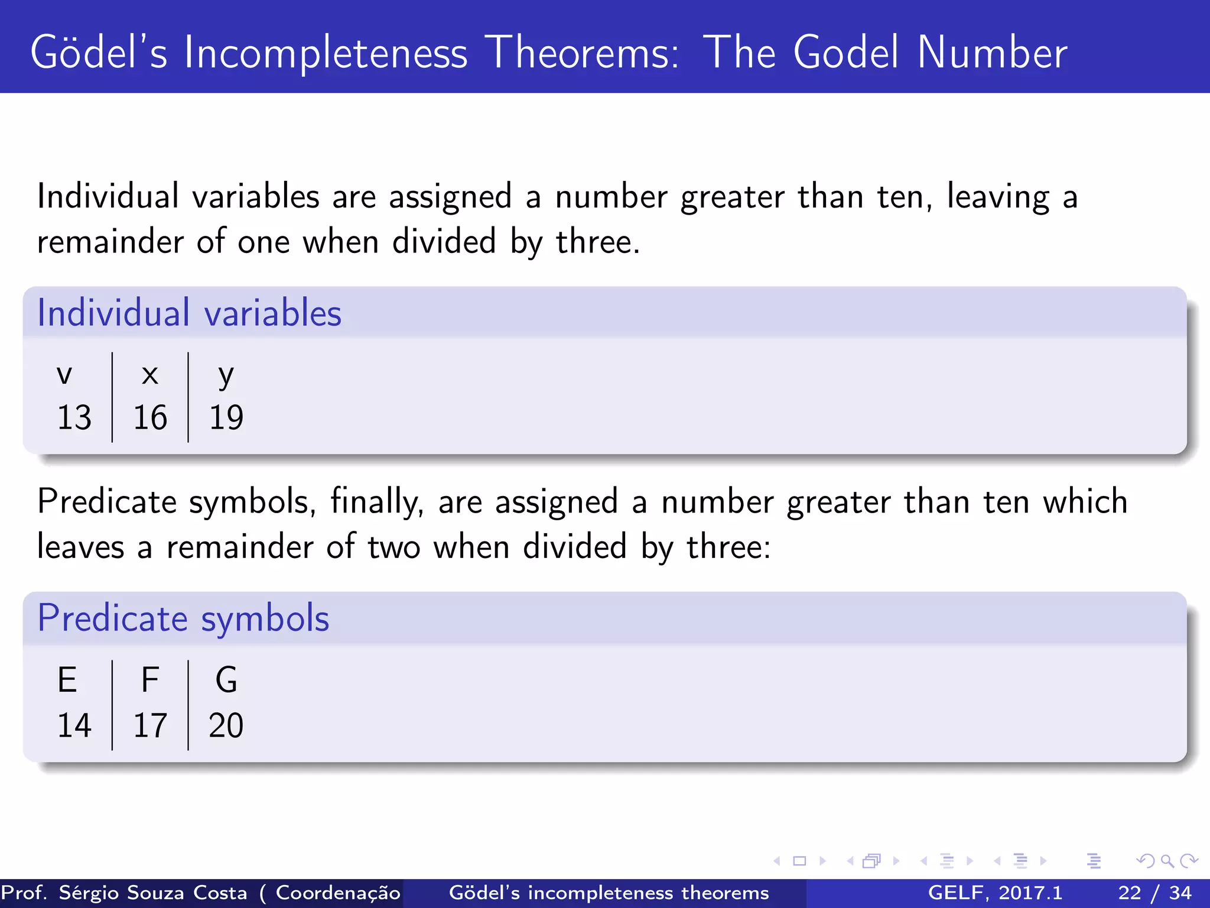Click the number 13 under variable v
(x=74, y=417)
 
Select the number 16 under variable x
(x=150, y=417)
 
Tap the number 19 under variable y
(x=226, y=417)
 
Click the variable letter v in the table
(x=64, y=375)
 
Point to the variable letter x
(x=150, y=375)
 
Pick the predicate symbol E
(x=67, y=680)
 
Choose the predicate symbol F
(x=150, y=680)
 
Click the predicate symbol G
(x=226, y=680)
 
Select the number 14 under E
(x=74, y=725)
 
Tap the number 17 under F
(x=150, y=725)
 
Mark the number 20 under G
(x=226, y=725)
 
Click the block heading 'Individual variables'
(x=189, y=313)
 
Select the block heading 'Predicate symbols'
(x=183, y=618)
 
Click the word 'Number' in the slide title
(x=992, y=53)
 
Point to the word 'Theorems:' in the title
(x=585, y=53)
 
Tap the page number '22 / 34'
(x=1155, y=893)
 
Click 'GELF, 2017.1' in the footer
(x=995, y=893)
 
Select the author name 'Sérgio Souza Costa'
(x=153, y=893)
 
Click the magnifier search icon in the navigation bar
(x=1167, y=861)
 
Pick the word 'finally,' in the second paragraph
(x=377, y=502)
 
